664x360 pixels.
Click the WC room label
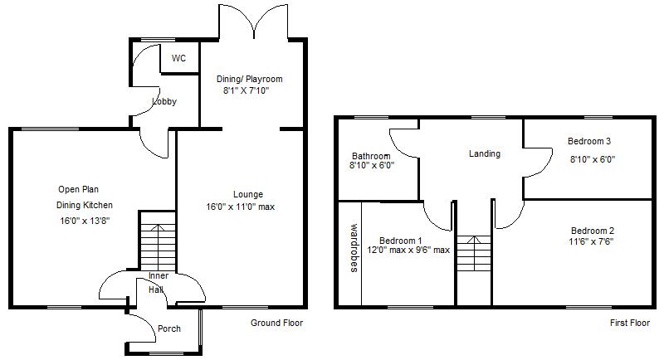pos(178,59)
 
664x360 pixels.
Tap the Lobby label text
pos(164,102)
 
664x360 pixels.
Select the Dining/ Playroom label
pos(249,80)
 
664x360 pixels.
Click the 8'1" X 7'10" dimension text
pos(251,91)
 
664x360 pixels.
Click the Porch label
pos(168,329)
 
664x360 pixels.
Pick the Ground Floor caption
pos(276,323)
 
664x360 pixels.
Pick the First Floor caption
pos(628,323)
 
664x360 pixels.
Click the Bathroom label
pos(370,156)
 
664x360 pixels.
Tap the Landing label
pos(484,153)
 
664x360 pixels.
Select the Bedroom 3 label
pos(589,141)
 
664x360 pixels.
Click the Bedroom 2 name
pos(592,230)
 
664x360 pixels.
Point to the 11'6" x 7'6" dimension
pos(592,241)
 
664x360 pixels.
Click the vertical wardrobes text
pos(353,247)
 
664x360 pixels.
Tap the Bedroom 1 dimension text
pos(408,250)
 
